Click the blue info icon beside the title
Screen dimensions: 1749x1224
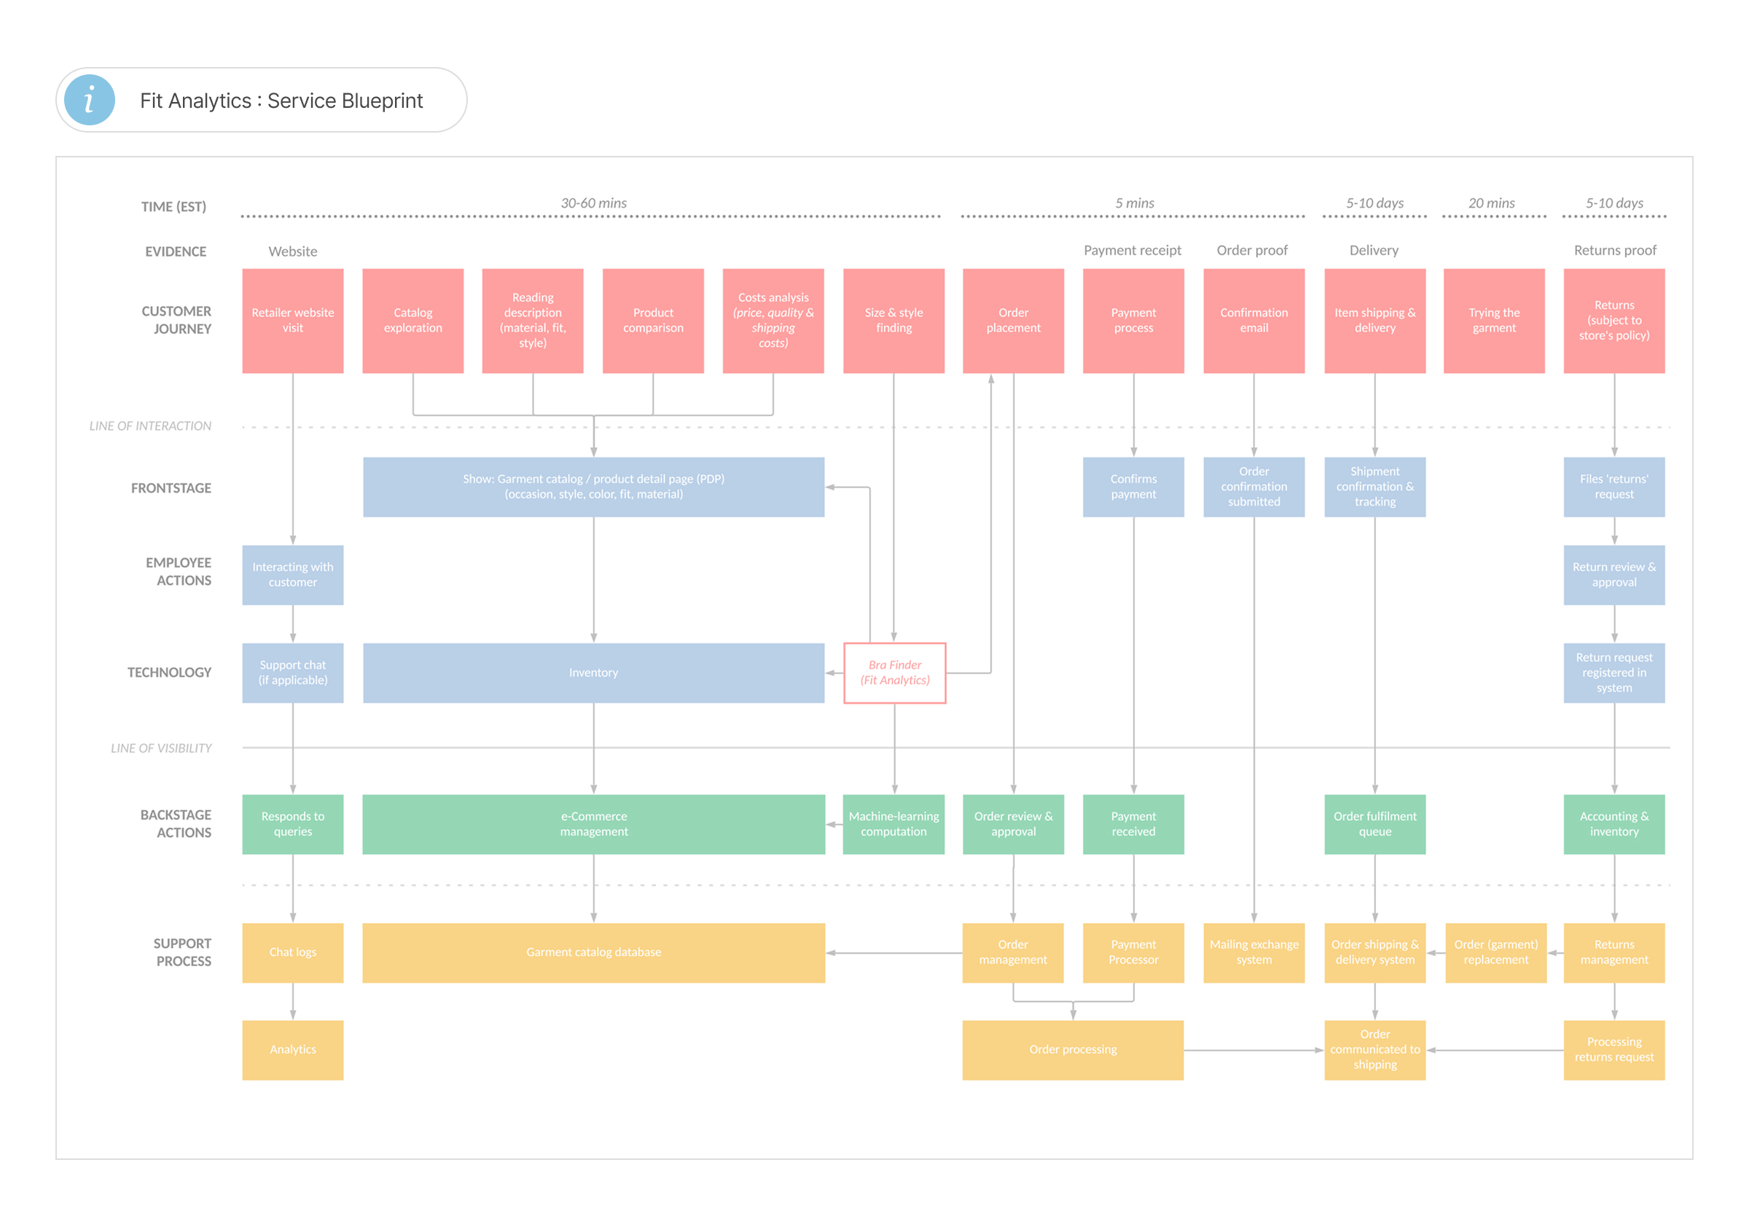89,100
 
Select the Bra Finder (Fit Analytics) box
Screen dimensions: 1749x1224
894,672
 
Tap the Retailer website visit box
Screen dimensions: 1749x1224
292,321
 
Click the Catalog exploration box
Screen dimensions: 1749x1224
413,321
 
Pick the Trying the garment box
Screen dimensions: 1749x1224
1494,321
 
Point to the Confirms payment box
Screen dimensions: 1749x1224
1133,487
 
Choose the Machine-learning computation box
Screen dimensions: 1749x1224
893,824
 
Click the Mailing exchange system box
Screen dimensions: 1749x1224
1254,953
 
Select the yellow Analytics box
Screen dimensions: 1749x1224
292,1050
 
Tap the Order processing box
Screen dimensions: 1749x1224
1073,1050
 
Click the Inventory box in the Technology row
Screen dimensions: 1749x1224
593,672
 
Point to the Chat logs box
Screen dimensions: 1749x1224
292,953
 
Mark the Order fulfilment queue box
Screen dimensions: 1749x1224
1375,824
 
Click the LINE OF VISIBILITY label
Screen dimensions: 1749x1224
162,748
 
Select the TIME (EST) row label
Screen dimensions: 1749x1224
173,206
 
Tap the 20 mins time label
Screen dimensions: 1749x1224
1492,203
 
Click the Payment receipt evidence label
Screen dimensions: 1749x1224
1132,251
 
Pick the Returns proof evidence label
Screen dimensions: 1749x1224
1615,251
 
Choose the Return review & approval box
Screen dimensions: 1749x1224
1614,575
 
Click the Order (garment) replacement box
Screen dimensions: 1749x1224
1496,953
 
